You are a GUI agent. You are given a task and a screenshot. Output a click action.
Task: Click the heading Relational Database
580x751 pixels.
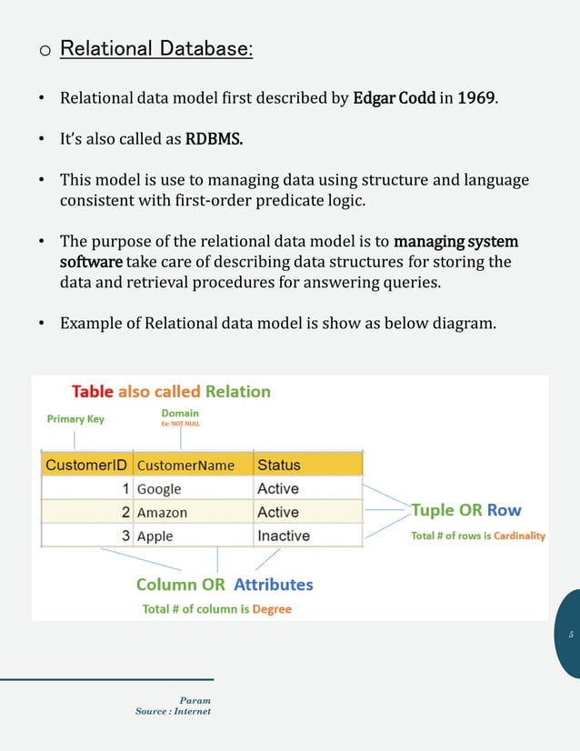(x=155, y=47)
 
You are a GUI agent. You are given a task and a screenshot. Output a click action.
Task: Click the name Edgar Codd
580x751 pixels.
(x=394, y=98)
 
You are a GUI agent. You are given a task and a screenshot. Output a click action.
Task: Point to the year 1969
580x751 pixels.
(x=477, y=98)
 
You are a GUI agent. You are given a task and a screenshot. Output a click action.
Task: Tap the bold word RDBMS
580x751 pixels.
(x=215, y=140)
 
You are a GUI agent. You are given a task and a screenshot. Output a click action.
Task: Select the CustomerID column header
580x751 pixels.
(x=86, y=465)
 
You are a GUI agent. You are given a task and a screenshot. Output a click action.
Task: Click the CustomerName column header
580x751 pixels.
(x=185, y=466)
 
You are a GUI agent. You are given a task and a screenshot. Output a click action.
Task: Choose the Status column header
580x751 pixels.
(x=279, y=465)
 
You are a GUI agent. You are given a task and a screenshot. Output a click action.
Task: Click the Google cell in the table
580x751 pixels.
(x=159, y=489)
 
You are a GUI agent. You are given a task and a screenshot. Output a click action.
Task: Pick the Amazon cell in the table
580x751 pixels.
(x=162, y=513)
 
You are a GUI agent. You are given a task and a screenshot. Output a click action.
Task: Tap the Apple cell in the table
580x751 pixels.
(x=155, y=536)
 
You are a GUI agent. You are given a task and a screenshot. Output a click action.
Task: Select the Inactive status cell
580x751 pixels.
(x=284, y=536)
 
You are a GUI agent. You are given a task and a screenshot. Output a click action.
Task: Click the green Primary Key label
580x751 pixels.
(x=75, y=419)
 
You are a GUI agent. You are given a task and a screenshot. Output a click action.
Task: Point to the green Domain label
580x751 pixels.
(x=180, y=413)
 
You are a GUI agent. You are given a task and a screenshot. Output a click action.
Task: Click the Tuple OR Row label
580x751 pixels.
(x=466, y=510)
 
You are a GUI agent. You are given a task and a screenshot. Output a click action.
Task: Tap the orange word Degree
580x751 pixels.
(x=272, y=609)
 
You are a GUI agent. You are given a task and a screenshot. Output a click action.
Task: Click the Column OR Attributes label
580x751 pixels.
(x=225, y=585)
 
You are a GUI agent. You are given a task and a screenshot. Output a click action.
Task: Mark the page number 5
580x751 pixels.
(x=571, y=634)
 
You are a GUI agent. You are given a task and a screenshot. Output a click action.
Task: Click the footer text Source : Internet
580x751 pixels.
(x=173, y=711)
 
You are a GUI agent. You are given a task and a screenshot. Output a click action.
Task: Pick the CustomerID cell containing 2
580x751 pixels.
(x=125, y=513)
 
